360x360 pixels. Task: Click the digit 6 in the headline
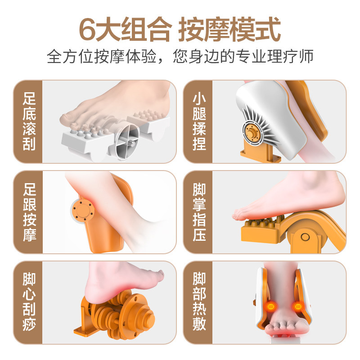(x=88, y=30)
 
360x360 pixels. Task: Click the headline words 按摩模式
(x=229, y=30)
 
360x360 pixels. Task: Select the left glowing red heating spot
(x=271, y=306)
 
